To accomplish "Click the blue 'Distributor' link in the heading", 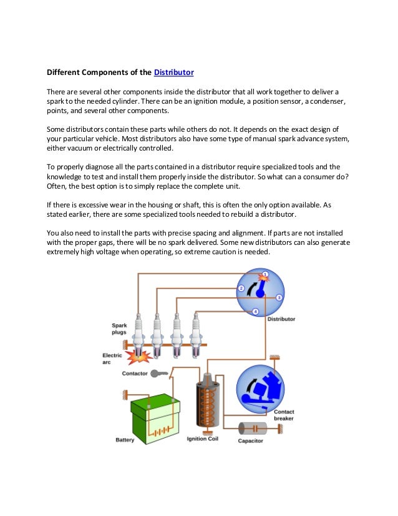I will (x=173, y=72).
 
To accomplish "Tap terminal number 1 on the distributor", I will (x=265, y=275).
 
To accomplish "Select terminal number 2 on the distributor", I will (x=241, y=289).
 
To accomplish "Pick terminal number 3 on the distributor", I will (x=279, y=297).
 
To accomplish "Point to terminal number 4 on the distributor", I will (x=255, y=311).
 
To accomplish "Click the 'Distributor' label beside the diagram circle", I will (x=281, y=319).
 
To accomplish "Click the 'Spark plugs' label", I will (x=120, y=329).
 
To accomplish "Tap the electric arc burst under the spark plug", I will (x=137, y=356).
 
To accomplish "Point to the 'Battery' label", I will (x=125, y=440).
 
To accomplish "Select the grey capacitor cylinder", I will (x=255, y=429).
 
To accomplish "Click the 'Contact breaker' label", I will (x=284, y=415).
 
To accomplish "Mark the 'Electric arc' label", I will (x=113, y=359).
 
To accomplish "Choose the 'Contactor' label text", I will (x=135, y=373).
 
